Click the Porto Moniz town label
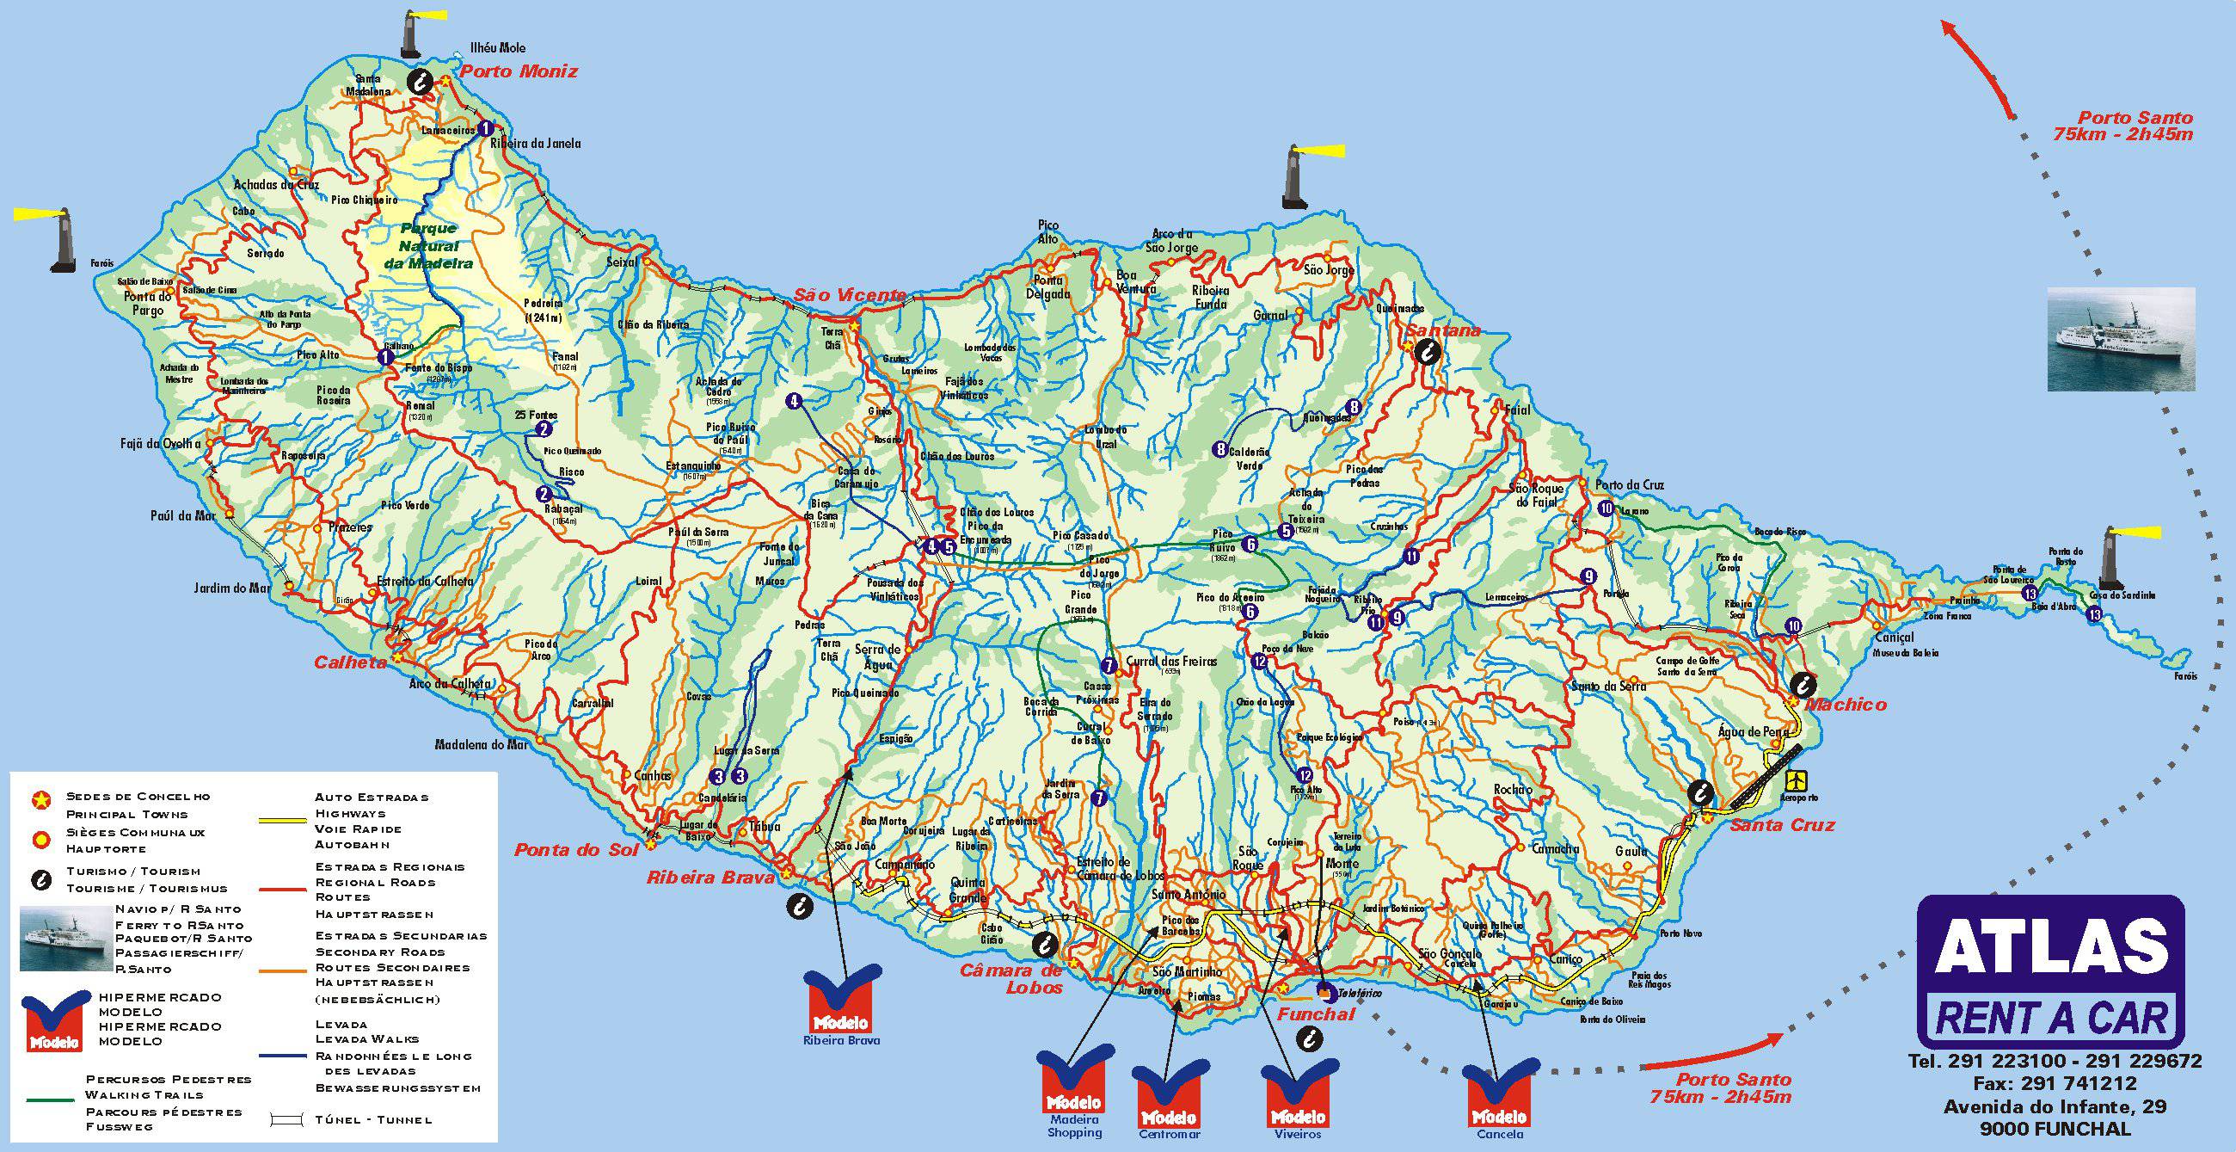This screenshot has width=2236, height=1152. coord(519,71)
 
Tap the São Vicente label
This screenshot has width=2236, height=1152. coord(850,296)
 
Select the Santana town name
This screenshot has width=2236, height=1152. coord(1442,330)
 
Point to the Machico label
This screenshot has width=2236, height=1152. coord(1846,704)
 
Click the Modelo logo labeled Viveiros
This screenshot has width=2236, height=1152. coord(1298,1092)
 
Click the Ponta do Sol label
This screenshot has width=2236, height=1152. coord(569,849)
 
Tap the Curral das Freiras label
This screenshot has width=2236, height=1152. coord(1171,661)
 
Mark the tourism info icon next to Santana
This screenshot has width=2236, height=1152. coord(1428,351)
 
